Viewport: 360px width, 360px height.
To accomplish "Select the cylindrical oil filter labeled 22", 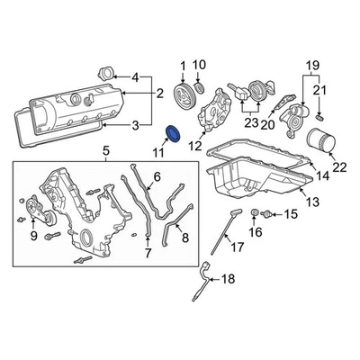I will pos(319,142).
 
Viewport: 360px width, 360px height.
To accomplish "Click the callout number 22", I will pos(338,166).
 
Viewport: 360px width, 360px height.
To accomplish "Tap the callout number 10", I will pos(201,64).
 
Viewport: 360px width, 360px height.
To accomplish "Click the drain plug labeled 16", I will pos(256,213).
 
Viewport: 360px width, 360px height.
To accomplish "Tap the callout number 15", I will pos(290,214).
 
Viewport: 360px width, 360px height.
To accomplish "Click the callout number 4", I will pos(135,76).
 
